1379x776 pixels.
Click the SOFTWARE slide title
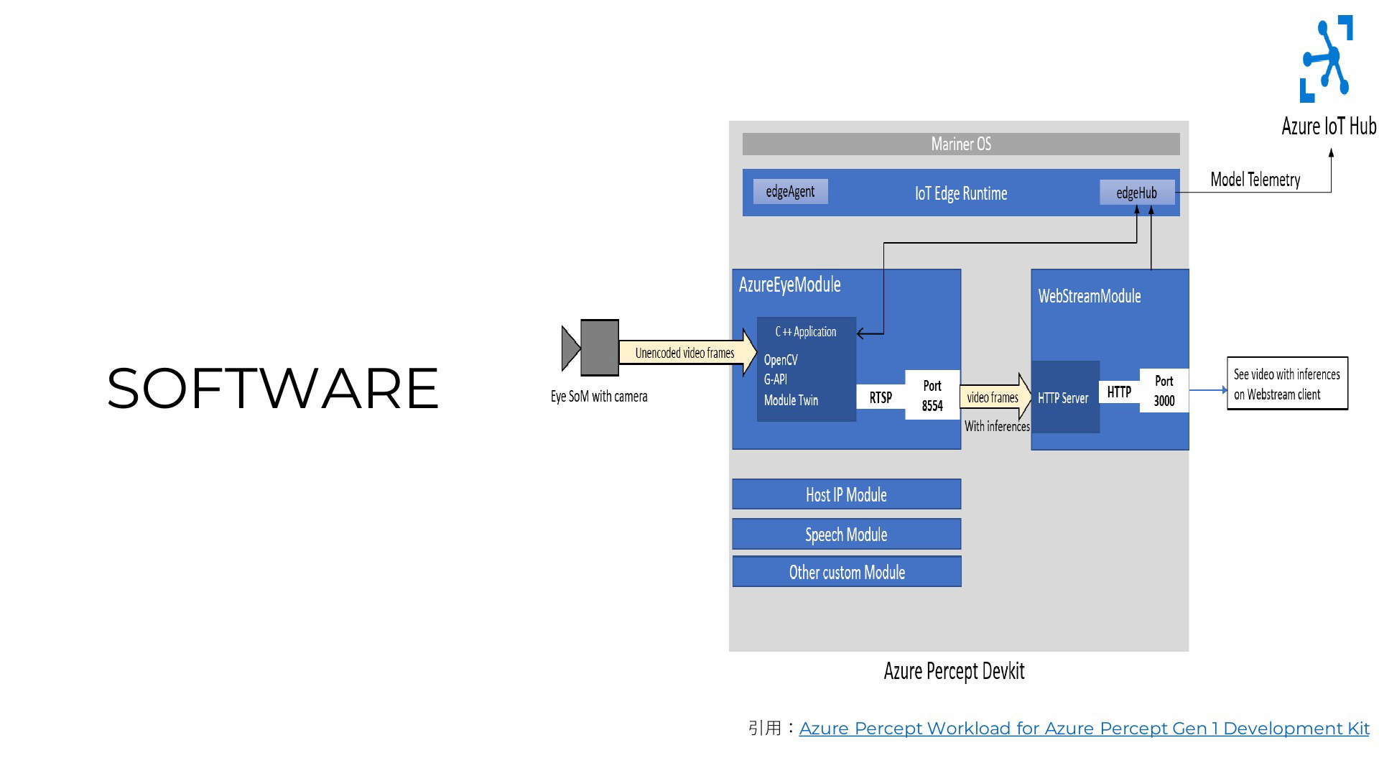273,389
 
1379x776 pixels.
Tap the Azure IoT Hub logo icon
1327,59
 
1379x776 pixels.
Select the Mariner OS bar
960,144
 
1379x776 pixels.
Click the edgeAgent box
790,192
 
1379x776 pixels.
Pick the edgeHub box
1136,193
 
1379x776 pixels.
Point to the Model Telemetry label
1255,180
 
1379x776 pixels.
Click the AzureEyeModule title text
789,285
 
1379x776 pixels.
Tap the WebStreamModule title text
1089,296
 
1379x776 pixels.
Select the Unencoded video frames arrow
686,353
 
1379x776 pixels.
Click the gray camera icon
598,348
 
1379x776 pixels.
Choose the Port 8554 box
932,395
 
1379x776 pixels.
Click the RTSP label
881,397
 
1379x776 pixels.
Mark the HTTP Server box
1064,397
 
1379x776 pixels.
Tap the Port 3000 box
1164,391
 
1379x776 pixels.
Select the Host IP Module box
846,494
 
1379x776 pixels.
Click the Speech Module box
846,535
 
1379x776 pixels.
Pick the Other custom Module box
846,572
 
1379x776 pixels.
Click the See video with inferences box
1286,384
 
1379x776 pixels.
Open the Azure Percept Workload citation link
1083,729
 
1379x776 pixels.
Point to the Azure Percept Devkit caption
954,671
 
